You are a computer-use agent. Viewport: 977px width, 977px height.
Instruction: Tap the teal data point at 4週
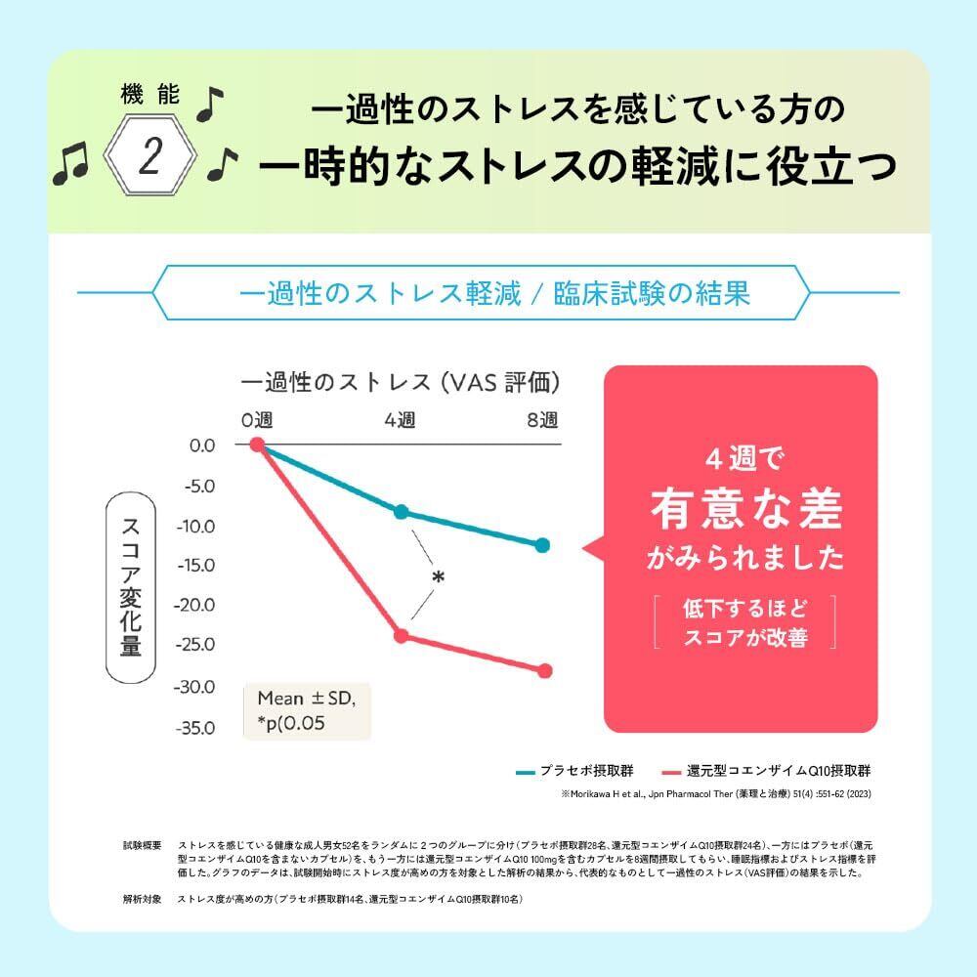coord(401,512)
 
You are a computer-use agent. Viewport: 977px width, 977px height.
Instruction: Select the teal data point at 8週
coord(543,545)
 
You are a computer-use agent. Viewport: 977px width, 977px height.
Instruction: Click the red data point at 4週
coord(401,636)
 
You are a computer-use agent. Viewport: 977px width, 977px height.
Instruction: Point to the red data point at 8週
coord(544,670)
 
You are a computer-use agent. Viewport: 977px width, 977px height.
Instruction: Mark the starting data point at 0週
coord(258,445)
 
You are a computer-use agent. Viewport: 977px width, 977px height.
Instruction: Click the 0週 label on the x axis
coord(258,420)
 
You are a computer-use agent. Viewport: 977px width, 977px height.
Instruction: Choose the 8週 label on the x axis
coord(542,420)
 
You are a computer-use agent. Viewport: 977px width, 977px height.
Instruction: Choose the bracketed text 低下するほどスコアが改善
coord(746,621)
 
